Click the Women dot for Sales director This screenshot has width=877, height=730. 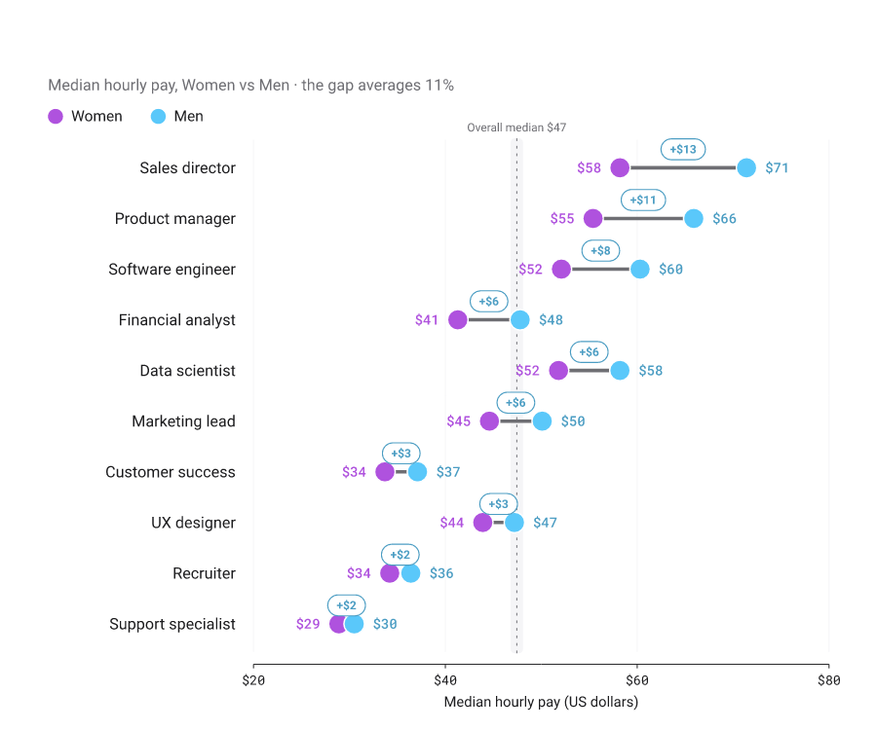pos(620,167)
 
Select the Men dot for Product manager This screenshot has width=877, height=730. pos(694,218)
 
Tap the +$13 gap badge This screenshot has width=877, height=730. pos(683,149)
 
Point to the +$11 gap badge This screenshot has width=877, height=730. pos(643,200)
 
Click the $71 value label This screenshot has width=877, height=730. pos(777,167)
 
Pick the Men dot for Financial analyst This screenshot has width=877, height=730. pos(520,320)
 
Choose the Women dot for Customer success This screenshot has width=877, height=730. pos(385,472)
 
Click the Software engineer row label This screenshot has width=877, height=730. pos(172,270)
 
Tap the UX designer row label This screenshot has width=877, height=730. pos(194,523)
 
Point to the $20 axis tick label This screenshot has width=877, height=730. pos(253,679)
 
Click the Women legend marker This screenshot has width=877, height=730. pos(56,116)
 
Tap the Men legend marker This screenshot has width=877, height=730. pos(158,116)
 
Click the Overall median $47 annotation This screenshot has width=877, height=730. pos(516,128)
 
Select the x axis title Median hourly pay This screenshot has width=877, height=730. pos(541,702)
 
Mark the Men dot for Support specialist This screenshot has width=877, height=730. pos(354,624)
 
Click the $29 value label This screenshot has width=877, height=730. pos(308,624)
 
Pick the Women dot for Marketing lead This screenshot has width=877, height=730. pos(489,421)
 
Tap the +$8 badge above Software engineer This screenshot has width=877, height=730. pos(600,251)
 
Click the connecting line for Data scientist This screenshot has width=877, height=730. pos(589,370)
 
